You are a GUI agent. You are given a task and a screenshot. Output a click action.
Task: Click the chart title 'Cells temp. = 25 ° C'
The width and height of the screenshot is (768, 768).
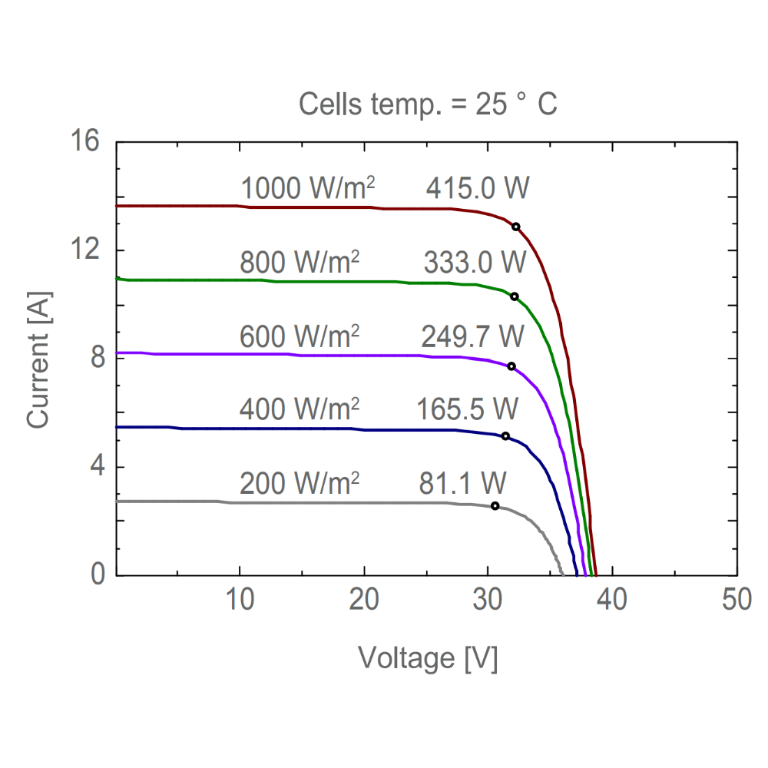(x=428, y=104)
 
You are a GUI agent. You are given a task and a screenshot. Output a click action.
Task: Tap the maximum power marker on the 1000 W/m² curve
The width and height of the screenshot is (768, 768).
(x=516, y=227)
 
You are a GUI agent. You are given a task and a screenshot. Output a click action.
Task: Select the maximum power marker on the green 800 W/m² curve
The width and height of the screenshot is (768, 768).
(x=515, y=296)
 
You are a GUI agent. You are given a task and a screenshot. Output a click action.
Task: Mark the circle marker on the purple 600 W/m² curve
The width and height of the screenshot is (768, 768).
(x=511, y=366)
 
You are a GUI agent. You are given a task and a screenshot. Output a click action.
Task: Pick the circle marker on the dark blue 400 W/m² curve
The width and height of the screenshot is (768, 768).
(x=505, y=436)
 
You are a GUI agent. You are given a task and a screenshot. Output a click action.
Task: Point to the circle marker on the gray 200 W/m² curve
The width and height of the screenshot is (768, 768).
(x=495, y=506)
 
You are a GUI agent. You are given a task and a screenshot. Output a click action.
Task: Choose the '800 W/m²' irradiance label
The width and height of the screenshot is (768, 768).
(x=300, y=263)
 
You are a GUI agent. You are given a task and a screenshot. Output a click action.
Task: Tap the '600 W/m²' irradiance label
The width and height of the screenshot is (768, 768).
(x=300, y=336)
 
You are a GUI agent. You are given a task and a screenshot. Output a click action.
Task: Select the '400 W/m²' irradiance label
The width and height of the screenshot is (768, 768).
(x=300, y=409)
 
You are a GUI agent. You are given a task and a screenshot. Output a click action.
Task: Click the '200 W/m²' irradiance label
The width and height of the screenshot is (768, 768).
(x=300, y=483)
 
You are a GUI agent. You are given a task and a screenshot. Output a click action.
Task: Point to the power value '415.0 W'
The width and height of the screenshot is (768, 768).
(x=478, y=189)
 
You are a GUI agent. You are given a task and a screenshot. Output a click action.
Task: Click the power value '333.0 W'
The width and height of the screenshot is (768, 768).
(x=475, y=263)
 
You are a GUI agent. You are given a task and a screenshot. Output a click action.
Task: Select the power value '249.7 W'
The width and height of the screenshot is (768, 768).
(x=472, y=336)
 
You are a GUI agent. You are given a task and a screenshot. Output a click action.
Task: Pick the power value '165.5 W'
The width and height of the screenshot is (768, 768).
(x=468, y=409)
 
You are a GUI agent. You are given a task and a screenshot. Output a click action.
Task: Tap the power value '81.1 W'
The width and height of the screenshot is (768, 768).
(x=462, y=483)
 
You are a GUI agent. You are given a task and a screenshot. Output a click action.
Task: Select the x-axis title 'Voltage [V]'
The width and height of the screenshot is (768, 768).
(x=428, y=658)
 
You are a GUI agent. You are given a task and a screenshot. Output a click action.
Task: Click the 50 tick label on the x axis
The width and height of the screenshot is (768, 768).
(x=737, y=600)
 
